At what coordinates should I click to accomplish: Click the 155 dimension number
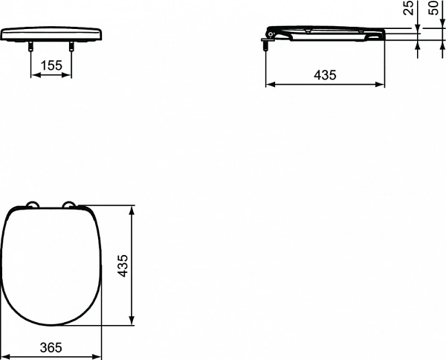pos(51,65)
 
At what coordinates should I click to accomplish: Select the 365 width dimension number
pos(51,347)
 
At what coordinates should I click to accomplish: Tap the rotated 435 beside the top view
pos(123,265)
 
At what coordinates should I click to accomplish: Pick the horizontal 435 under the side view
pos(326,75)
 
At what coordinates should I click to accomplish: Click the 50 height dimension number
pos(435,11)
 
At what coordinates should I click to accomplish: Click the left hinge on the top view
pos(32,206)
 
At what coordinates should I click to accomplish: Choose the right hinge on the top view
pos(71,206)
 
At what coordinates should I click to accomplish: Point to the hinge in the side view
pos(273,34)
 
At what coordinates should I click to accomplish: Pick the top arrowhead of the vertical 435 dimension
pos(132,208)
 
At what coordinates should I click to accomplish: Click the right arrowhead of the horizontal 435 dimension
pos(382,84)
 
